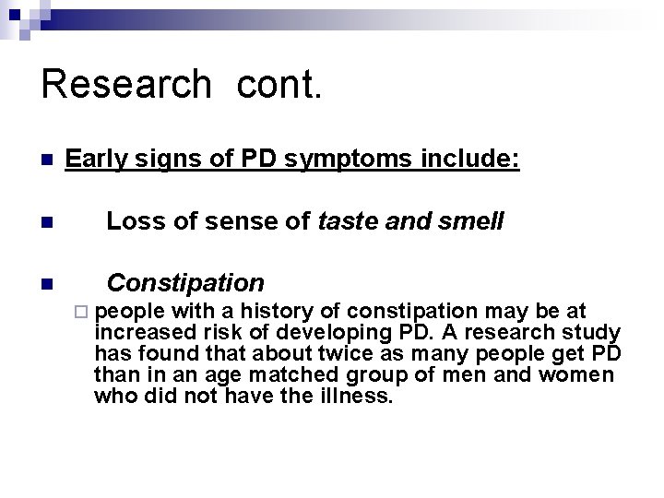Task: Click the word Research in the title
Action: click(x=126, y=84)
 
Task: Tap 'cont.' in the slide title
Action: click(x=279, y=84)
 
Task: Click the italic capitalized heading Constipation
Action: click(x=185, y=282)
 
